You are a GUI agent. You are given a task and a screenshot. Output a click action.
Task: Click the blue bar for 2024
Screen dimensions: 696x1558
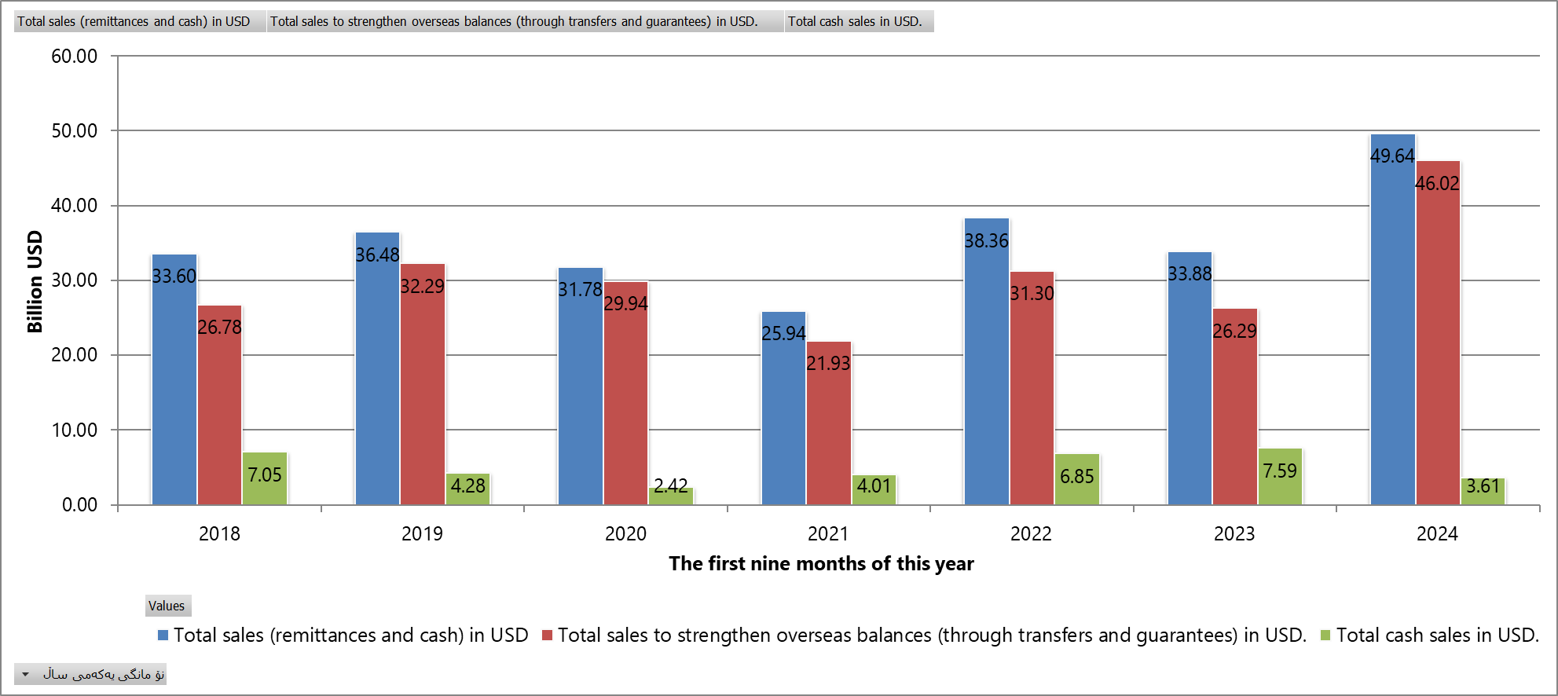coord(1392,330)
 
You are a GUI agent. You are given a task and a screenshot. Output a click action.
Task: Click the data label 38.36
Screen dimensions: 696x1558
coord(986,241)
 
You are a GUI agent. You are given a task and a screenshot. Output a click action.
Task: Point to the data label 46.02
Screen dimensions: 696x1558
coord(1437,184)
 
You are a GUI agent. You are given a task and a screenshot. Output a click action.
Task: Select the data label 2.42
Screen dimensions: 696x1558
coord(670,485)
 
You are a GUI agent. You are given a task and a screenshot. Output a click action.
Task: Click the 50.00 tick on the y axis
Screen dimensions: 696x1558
coord(75,131)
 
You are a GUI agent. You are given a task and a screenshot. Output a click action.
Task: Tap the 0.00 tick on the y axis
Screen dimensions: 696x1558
coord(79,505)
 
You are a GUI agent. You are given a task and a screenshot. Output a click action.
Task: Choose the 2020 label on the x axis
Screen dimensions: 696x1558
coord(625,534)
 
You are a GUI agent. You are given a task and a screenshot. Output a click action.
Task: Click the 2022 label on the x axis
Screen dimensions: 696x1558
coord(1031,534)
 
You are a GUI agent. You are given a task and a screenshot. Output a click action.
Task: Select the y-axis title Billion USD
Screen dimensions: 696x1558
coord(35,281)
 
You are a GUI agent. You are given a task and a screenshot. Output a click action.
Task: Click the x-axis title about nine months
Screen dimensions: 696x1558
coord(821,564)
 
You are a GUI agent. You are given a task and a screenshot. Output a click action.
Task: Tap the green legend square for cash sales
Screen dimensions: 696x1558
coord(1325,636)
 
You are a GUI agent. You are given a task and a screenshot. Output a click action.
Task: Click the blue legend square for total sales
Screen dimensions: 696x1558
coord(163,636)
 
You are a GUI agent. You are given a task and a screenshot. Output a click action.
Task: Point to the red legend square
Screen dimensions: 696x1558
coord(548,636)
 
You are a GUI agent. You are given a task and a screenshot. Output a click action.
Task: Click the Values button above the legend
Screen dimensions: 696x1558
coord(167,606)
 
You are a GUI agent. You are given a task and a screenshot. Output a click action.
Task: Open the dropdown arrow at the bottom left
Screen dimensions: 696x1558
coord(25,674)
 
